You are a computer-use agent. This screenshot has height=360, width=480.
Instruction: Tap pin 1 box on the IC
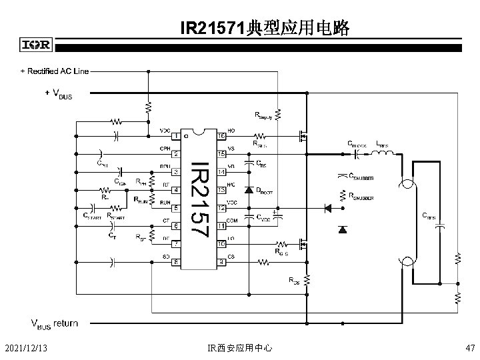[x=175, y=137]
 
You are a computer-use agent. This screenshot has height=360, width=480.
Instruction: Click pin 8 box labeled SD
[x=175, y=262]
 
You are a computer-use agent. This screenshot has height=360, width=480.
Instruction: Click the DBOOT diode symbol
[x=249, y=190]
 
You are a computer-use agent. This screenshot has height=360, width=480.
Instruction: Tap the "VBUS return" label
[x=55, y=324]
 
